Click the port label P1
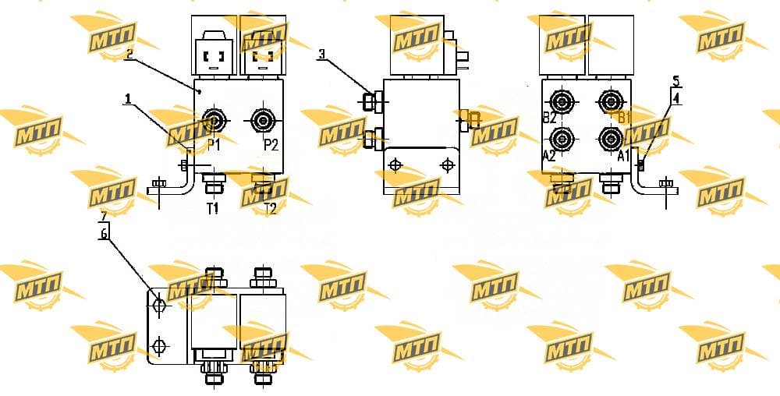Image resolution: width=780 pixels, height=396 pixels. point(214,144)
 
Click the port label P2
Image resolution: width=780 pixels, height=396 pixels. point(271,144)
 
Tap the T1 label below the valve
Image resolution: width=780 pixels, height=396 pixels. point(213,209)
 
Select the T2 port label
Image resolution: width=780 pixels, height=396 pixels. point(270,209)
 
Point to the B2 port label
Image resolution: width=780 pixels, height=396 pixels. point(549,118)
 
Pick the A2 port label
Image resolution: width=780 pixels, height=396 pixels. point(548,156)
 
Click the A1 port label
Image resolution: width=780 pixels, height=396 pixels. point(624,156)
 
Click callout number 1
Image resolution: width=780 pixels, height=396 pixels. point(129,99)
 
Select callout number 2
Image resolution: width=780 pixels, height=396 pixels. point(129,54)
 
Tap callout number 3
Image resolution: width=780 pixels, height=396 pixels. point(322,54)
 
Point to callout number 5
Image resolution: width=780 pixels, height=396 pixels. point(675,81)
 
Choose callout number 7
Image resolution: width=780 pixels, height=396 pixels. point(104,216)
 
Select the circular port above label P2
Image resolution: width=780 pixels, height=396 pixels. point(262,120)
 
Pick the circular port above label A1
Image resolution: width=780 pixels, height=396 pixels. point(610,138)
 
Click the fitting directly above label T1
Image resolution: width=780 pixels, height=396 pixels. point(213,183)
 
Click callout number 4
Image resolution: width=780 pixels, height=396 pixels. point(675,98)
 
